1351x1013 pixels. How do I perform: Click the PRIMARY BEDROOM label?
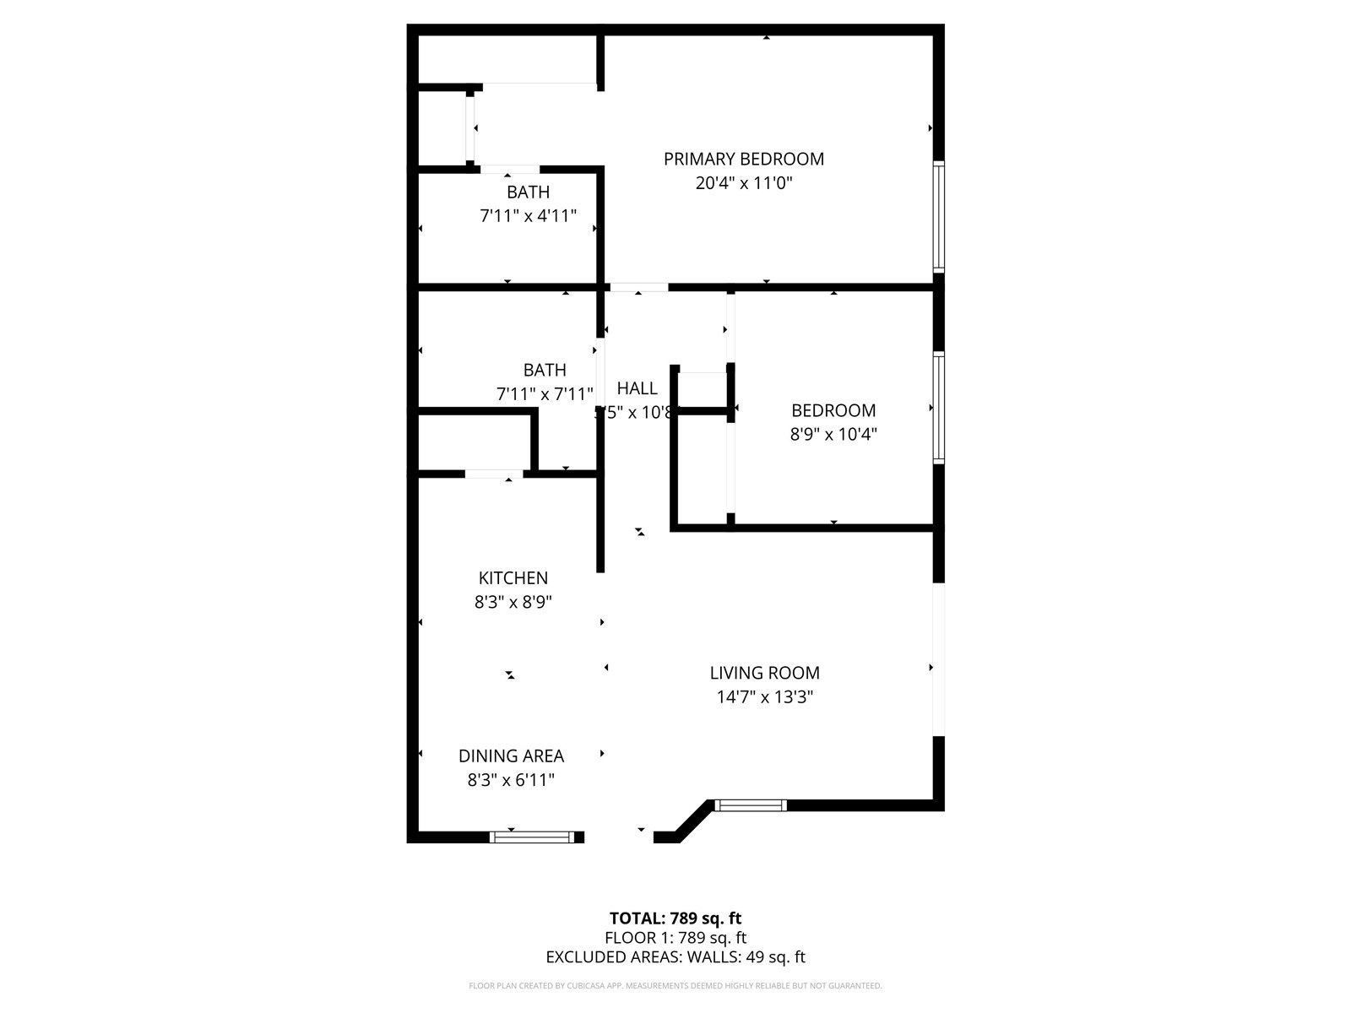coord(743,159)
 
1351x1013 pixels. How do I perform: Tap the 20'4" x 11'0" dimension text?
coord(743,182)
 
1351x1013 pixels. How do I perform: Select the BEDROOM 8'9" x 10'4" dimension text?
coord(833,434)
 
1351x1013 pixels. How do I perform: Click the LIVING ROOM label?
coord(764,673)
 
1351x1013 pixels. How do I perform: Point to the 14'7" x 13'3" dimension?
coord(764,696)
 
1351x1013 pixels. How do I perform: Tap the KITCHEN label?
coord(513,578)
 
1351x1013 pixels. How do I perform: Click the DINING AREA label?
coord(511,756)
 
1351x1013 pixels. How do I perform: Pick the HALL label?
coord(637,388)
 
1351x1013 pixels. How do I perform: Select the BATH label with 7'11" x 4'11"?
coord(528,192)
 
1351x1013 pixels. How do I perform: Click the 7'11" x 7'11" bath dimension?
coord(545,393)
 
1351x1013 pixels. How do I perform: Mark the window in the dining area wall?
coord(533,837)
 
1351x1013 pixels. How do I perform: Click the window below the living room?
coord(751,805)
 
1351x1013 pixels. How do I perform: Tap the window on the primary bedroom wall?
coord(938,216)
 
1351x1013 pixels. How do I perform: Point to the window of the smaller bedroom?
coord(938,408)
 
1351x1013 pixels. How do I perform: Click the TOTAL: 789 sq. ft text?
coord(675,918)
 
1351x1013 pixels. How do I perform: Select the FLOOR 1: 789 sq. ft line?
coord(675,938)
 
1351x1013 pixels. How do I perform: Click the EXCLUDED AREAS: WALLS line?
coord(675,957)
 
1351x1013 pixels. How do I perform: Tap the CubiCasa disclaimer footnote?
coord(675,985)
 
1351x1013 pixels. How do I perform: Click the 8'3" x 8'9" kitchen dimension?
coord(513,602)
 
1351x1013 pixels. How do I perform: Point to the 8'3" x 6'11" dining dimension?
coord(511,780)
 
